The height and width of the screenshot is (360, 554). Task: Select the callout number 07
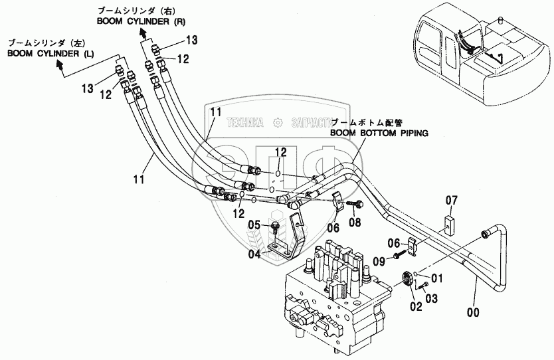click(x=452, y=199)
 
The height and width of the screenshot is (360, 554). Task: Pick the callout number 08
click(x=355, y=223)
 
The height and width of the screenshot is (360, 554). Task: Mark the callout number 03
click(x=432, y=299)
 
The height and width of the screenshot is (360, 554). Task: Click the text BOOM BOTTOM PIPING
click(x=379, y=133)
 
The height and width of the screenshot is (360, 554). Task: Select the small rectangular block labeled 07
click(x=448, y=222)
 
